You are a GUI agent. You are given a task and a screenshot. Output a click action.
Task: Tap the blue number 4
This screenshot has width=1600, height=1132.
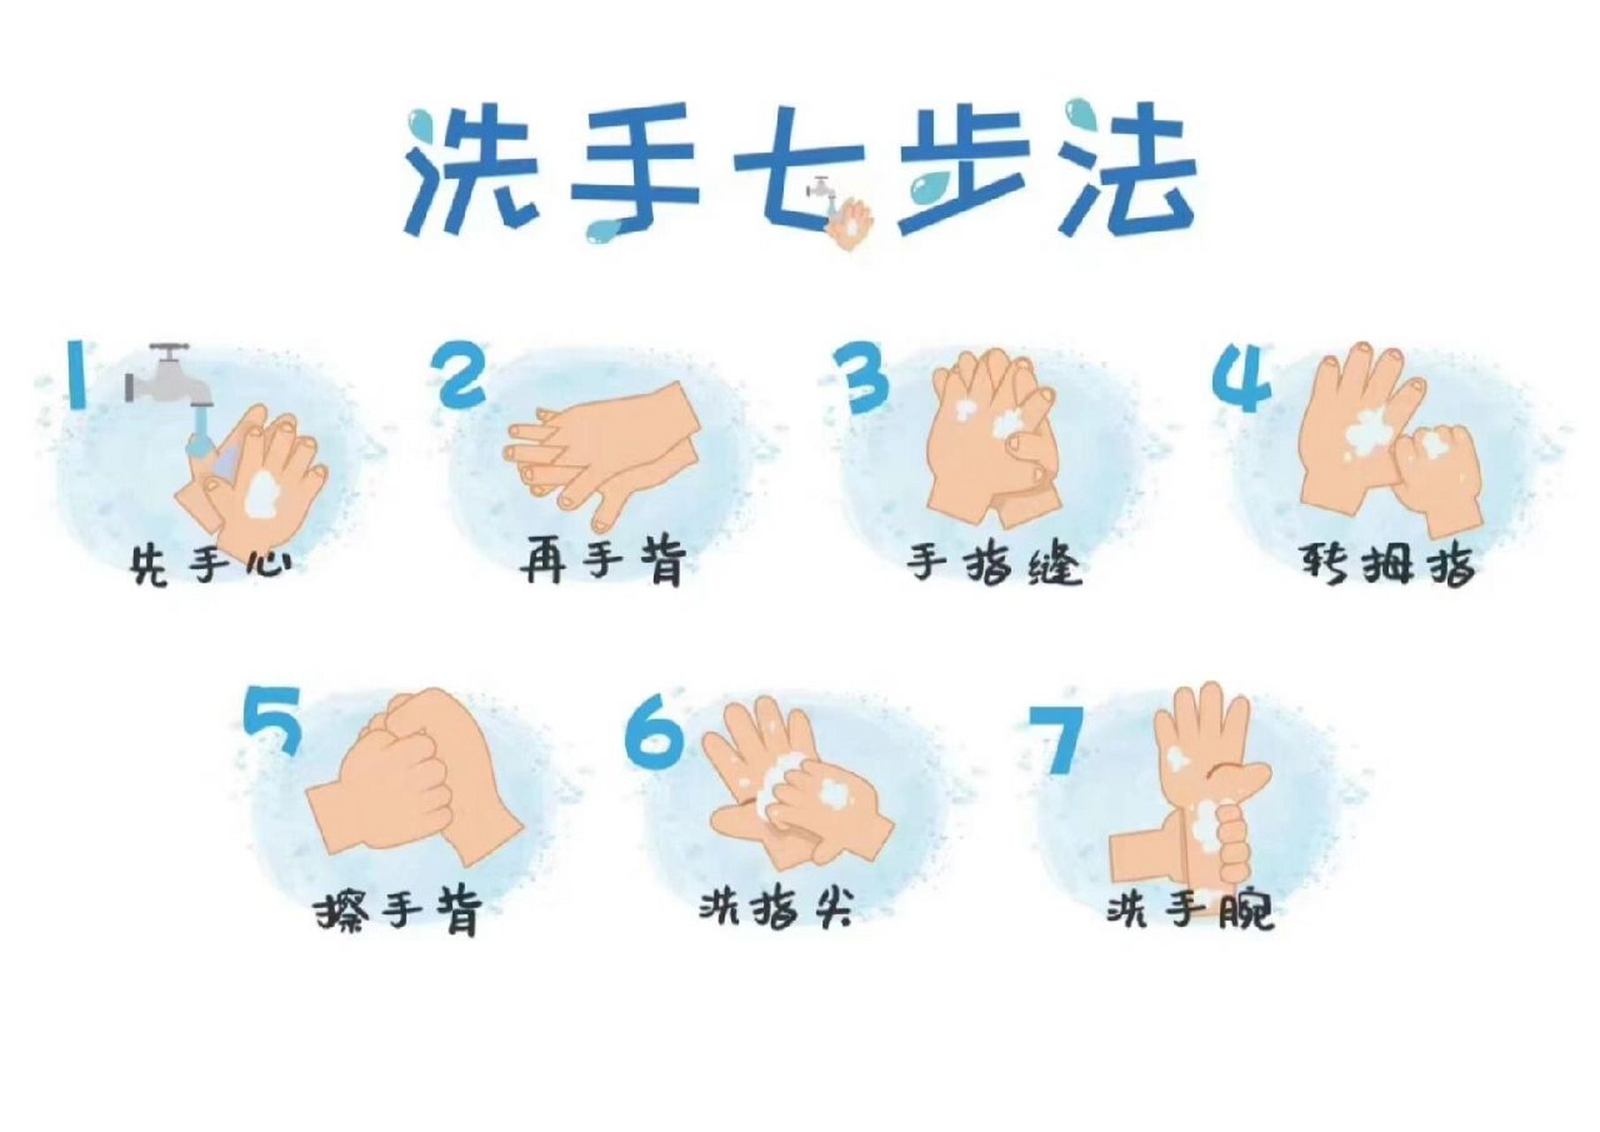coord(1243,379)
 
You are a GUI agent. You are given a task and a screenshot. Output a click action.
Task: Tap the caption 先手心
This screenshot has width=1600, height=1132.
coord(210,564)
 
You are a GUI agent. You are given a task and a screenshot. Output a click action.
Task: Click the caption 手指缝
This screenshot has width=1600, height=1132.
coord(994,563)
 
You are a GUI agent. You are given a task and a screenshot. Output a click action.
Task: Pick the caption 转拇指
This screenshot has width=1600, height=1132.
coord(1386,562)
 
